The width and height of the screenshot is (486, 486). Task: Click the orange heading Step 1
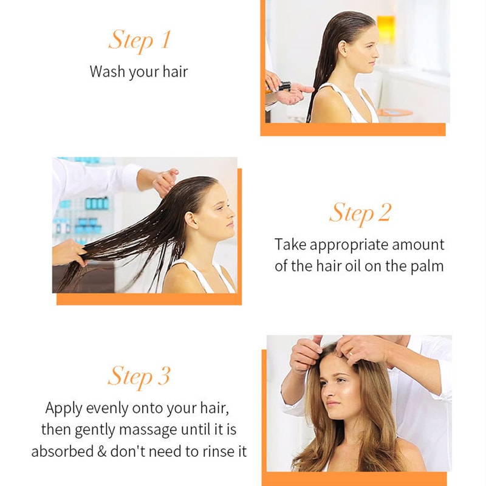click(x=139, y=40)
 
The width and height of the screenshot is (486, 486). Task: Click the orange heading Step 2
click(x=360, y=213)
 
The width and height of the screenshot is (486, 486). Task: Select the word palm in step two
click(x=428, y=266)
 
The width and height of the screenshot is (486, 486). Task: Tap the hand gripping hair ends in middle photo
click(x=68, y=252)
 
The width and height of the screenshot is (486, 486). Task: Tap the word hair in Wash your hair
click(x=174, y=72)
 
